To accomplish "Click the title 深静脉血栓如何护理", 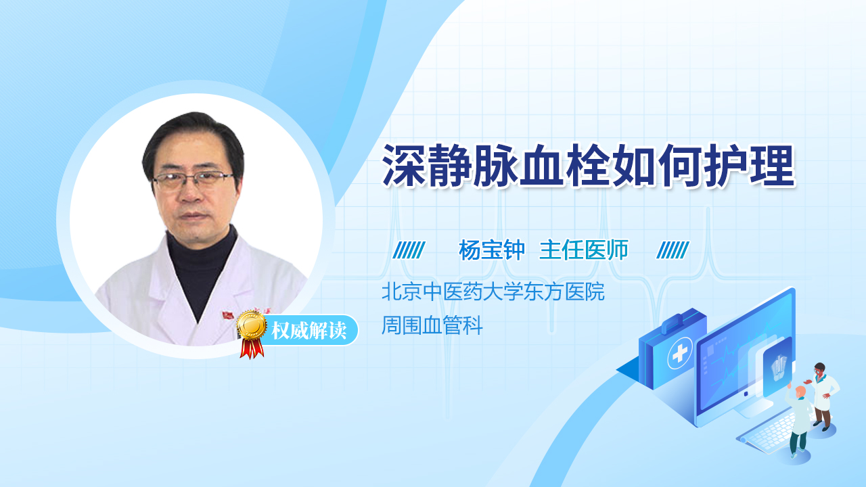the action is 589,166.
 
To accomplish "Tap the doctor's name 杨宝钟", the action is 492,250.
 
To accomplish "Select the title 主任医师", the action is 584,250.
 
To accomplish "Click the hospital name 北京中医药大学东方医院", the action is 493,292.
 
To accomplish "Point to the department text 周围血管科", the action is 432,325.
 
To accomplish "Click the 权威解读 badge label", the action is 309,331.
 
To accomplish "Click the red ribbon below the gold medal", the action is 252,348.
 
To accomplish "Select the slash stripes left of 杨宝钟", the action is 409,250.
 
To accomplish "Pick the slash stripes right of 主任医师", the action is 673,250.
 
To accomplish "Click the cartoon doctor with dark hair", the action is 823,396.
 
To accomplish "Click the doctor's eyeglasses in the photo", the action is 193,179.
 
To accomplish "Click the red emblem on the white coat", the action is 228,315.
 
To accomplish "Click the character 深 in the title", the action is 404,166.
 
